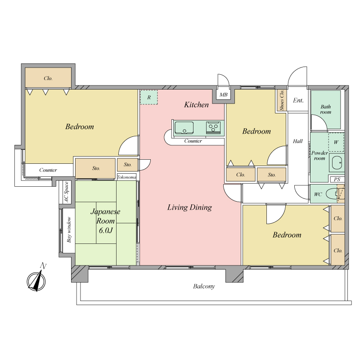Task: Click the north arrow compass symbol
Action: [36, 280]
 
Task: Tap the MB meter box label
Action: [223, 94]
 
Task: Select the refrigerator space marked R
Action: [149, 97]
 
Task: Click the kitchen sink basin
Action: [184, 128]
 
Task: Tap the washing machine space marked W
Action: [336, 142]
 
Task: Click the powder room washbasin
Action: [337, 162]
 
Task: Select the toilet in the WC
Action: [333, 194]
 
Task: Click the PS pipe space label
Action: [337, 180]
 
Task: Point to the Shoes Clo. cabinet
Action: [282, 100]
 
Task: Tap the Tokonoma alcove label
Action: [126, 177]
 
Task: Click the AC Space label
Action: [67, 192]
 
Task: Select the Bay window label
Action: [69, 230]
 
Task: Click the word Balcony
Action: [204, 286]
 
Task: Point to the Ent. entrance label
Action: [298, 100]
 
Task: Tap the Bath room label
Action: [326, 109]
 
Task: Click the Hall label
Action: [298, 141]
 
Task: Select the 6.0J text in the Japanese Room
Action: [106, 230]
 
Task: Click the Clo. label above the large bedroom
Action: [48, 78]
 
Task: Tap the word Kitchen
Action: [197, 105]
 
